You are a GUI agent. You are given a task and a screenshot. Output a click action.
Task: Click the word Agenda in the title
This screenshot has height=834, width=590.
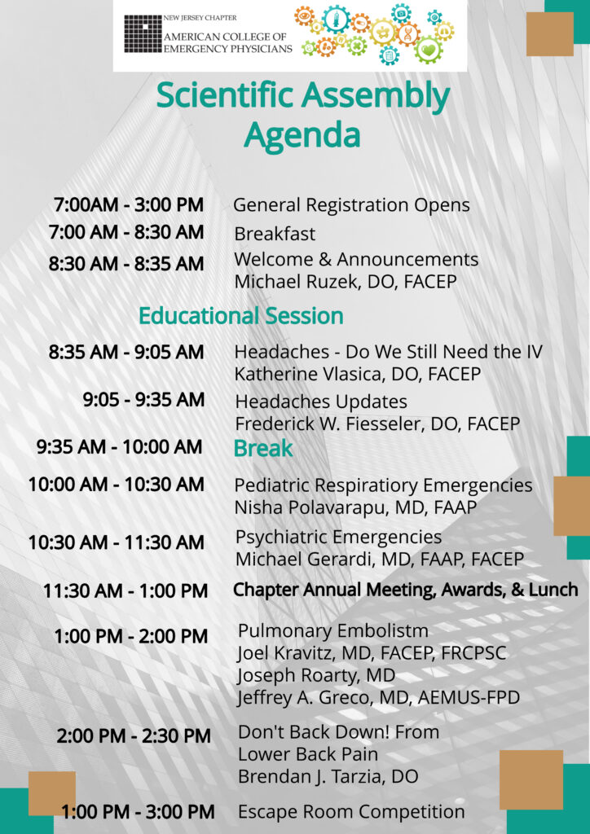click(302, 136)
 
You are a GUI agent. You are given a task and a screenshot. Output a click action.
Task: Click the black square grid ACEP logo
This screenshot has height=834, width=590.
click(143, 33)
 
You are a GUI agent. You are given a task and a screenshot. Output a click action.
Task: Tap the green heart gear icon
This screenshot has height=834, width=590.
click(429, 50)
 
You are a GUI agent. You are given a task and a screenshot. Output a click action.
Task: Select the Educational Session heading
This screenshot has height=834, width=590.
click(241, 316)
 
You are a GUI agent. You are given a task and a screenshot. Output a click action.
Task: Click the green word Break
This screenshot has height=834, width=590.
click(263, 449)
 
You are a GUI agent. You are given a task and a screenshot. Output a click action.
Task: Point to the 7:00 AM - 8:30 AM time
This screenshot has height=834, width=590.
click(126, 232)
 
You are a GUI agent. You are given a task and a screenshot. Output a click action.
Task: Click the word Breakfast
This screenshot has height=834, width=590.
click(275, 234)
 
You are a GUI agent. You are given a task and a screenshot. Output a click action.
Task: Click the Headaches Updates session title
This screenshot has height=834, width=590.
click(321, 402)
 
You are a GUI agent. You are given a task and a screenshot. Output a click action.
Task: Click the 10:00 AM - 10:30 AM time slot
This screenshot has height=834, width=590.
click(117, 485)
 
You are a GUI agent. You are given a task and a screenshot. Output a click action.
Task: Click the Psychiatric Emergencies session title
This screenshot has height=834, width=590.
click(338, 538)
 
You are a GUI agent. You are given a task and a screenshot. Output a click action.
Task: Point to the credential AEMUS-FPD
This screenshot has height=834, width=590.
click(469, 698)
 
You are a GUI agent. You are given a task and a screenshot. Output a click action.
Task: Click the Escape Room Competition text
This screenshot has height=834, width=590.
click(351, 812)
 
